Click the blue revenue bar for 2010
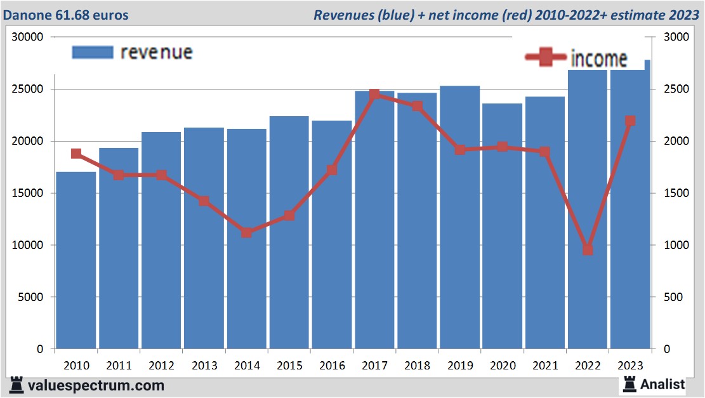pos(76,260)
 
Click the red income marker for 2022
pos(588,249)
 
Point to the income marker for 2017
pos(374,95)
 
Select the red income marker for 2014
pos(247,232)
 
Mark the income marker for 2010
pos(76,154)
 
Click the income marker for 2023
pos(630,121)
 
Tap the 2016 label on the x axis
pos(332,366)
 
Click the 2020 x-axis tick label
pos(503,366)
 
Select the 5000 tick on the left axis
pos(29,297)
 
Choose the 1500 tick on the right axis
pos(675,193)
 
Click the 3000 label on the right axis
pos(675,37)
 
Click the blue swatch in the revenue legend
pos(92,52)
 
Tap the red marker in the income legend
pos(546,58)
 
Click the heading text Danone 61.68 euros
pos(66,15)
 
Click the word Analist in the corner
pos(662,384)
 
